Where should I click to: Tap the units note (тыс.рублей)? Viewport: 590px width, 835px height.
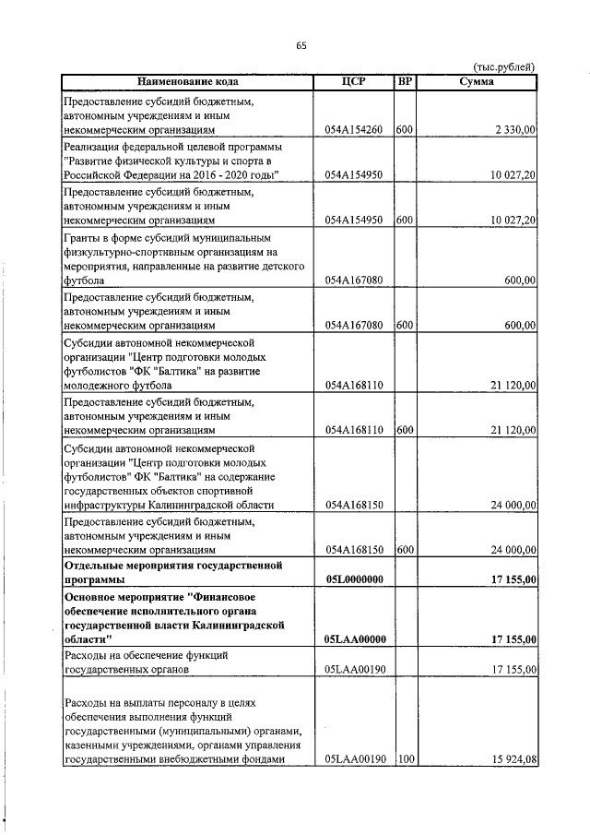point(503,66)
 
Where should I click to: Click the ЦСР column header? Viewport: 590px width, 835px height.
point(353,81)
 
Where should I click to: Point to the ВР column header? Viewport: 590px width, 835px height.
point(404,81)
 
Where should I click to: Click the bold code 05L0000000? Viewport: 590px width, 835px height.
point(354,579)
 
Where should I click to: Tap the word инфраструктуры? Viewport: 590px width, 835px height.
point(106,505)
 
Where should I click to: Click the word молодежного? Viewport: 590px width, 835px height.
point(100,385)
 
